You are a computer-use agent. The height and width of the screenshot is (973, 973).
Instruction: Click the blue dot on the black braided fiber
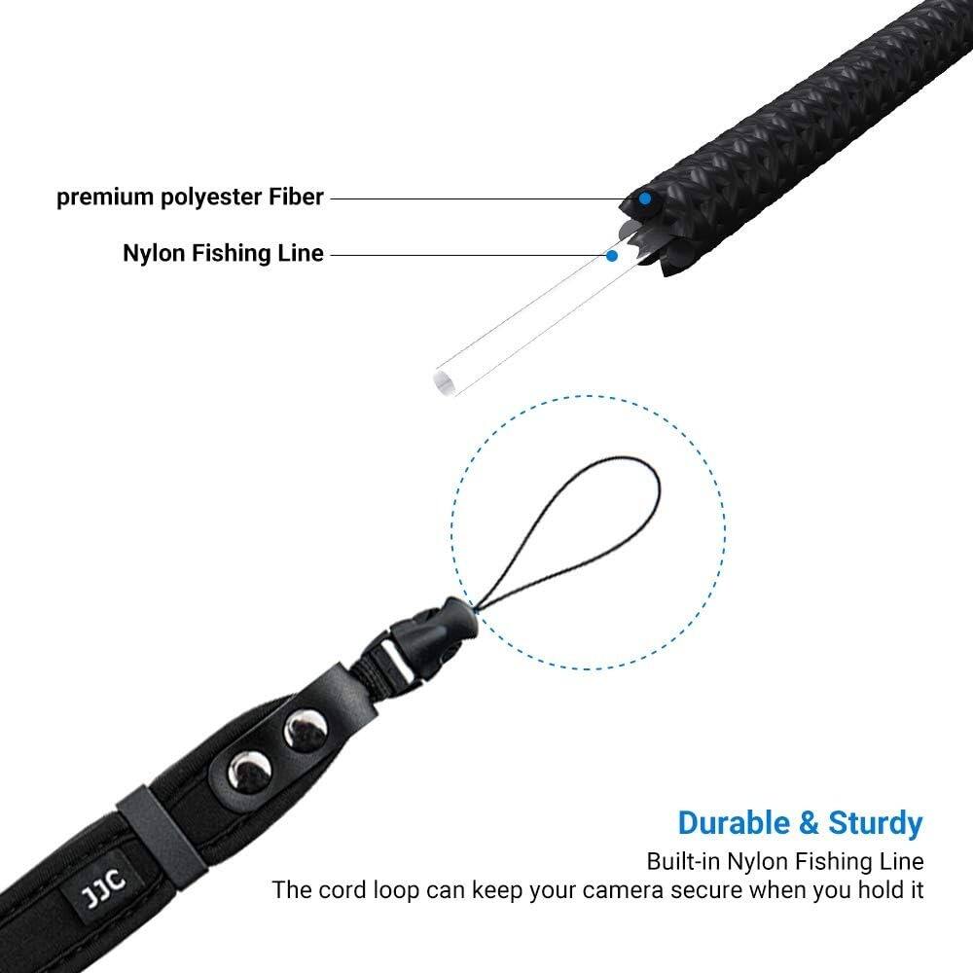pos(644,198)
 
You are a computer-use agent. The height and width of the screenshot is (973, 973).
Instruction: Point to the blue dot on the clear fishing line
pos(612,256)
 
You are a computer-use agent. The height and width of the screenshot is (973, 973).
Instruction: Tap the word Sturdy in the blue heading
pos(873,823)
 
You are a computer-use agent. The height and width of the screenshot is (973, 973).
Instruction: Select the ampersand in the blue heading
pos(808,823)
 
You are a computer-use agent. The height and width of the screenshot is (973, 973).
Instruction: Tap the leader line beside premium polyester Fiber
pos(477,198)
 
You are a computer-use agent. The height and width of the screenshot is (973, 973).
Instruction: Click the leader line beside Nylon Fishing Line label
pos(467,255)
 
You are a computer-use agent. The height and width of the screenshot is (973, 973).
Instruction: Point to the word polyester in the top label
pos(206,198)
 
